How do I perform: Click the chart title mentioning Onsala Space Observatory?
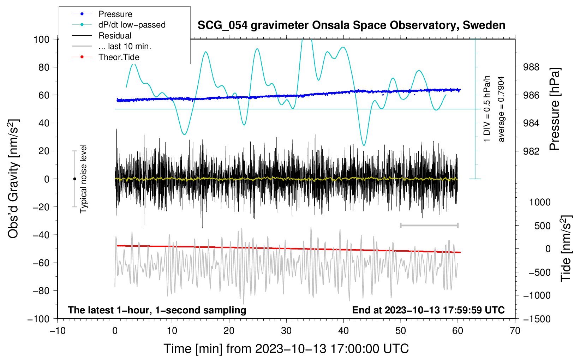coord(351,25)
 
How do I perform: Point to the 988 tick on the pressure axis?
coord(532,67)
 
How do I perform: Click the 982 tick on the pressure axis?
coord(532,151)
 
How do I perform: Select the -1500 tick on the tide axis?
coord(537,319)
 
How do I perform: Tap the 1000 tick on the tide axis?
coord(540,202)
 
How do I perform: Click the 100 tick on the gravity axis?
coord(41,39)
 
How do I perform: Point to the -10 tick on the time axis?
coord(58,331)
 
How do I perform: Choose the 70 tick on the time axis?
coord(515,331)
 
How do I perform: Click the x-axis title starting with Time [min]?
coord(286,349)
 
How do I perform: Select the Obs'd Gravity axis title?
coord(13,179)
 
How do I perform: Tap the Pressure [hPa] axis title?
coord(555,109)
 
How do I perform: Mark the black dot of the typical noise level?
coord(74,179)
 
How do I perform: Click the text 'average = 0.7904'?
coord(501,109)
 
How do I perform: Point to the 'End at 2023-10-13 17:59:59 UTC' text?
coord(428,310)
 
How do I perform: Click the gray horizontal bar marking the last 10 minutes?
coord(429,225)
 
